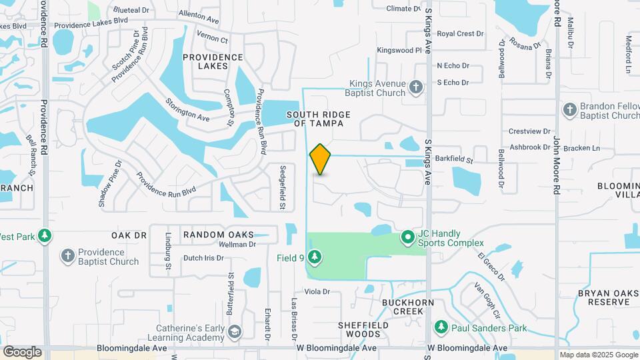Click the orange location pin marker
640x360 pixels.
[x=320, y=159]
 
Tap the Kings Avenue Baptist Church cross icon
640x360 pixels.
[x=416, y=87]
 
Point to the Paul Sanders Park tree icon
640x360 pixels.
[x=441, y=327]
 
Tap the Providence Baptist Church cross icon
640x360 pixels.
[x=67, y=256]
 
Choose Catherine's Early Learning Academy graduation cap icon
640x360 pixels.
[x=234, y=331]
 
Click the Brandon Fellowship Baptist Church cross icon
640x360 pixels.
[x=569, y=109]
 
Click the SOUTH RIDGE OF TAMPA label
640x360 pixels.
[x=315, y=119]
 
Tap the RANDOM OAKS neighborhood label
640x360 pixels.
[x=219, y=235]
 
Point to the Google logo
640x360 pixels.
[x=23, y=351]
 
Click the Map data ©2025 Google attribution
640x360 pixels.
[x=598, y=355]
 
